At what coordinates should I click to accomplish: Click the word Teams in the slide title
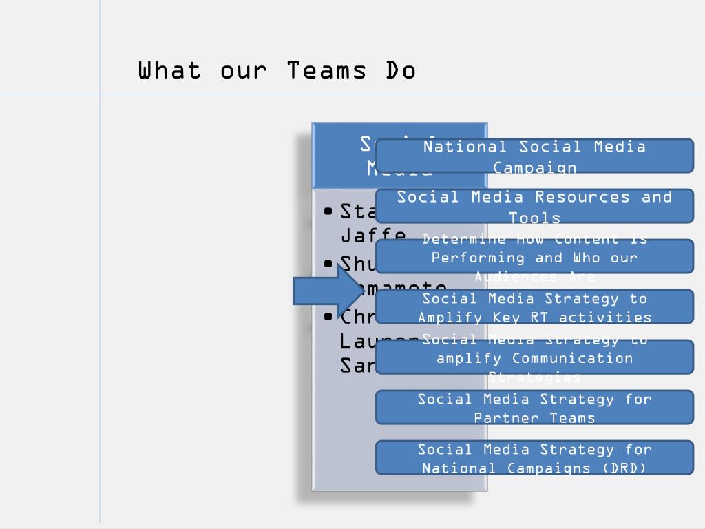326,70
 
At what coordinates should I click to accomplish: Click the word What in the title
169,70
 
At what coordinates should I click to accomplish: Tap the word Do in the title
401,70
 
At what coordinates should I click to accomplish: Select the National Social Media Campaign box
534,156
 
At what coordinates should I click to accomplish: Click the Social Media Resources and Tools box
534,206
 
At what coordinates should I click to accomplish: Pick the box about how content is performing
534,257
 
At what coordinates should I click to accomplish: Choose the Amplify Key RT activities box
534,307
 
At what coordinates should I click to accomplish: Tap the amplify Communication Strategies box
534,357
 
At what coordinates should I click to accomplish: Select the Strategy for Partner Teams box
534,408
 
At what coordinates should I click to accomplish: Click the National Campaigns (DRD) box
534,458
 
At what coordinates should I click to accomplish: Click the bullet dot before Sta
328,211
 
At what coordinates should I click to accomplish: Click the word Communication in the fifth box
562,358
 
